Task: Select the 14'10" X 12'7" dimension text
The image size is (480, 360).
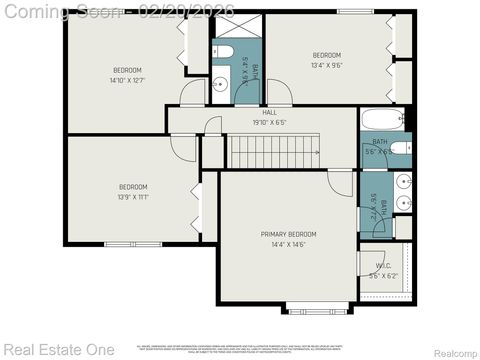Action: (x=127, y=80)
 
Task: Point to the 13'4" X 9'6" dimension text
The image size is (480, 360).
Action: (x=327, y=65)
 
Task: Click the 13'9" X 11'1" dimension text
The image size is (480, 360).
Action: (x=133, y=197)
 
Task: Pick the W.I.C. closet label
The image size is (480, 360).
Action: (x=383, y=266)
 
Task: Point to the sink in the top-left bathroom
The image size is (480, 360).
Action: (x=219, y=84)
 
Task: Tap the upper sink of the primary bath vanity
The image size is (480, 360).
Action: (x=402, y=181)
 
